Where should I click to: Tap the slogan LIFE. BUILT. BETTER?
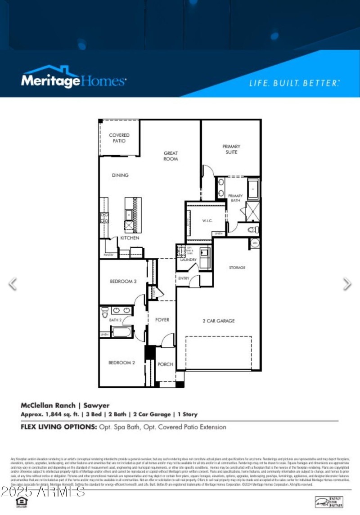(294, 83)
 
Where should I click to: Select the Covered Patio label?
(119, 138)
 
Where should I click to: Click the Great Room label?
(171, 156)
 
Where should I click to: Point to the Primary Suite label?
(231, 149)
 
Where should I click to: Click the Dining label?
(120, 175)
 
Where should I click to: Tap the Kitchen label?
(129, 237)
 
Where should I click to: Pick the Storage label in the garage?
(237, 268)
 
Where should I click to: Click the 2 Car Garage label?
(218, 321)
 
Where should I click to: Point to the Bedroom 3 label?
(123, 282)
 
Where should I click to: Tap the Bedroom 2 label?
(121, 363)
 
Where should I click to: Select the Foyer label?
(162, 320)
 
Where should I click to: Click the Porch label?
(165, 364)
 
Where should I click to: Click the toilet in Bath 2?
(104, 310)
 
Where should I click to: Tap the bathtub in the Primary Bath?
(253, 189)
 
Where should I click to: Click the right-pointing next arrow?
(347, 284)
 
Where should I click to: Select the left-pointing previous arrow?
(13, 284)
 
